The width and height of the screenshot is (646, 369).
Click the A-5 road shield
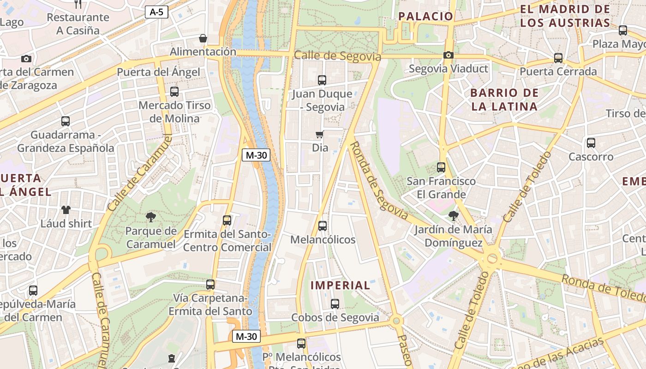coord(157,12)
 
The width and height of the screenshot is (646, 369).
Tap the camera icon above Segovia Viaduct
coord(448,55)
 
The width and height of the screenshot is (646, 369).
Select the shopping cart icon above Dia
coord(319,135)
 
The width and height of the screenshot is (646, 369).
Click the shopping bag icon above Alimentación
coord(203,38)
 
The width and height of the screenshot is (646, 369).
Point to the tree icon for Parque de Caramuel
coord(150,217)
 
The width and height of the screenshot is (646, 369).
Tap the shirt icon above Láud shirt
coord(66,210)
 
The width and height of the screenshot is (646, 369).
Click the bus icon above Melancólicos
coord(323,226)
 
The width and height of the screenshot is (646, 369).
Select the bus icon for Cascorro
coord(591,143)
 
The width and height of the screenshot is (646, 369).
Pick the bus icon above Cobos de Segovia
coord(335,304)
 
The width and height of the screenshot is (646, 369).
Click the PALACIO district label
coord(426,17)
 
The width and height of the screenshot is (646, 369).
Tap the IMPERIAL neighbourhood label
coord(341,286)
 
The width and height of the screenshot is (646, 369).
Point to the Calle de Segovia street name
coord(337,56)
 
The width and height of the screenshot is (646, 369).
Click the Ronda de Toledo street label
coord(603,286)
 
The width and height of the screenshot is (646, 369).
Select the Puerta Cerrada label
coord(558,72)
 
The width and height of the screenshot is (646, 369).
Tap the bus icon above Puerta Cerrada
coord(558,58)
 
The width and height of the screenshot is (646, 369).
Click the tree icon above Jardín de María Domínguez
coord(454,215)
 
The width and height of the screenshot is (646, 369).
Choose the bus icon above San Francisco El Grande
coord(441,167)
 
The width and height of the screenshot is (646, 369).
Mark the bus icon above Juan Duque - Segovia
coord(322,80)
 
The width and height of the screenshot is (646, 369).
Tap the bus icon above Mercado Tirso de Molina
coord(174,92)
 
